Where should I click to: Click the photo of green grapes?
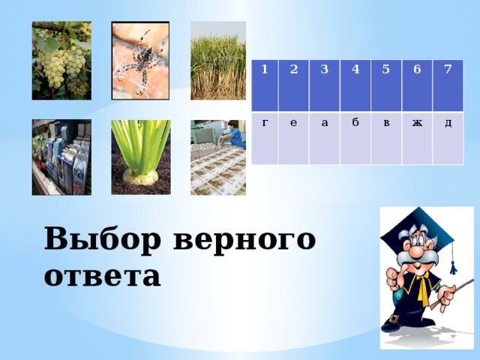pos(61,61)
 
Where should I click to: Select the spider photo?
pos(140,61)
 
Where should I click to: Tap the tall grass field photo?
pos(217,61)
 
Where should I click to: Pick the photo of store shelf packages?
pos(61,157)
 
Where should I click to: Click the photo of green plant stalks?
pos(140,157)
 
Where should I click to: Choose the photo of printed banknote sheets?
pos(217,157)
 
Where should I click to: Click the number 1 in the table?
pos(265,69)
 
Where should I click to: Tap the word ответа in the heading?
pos(103,276)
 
